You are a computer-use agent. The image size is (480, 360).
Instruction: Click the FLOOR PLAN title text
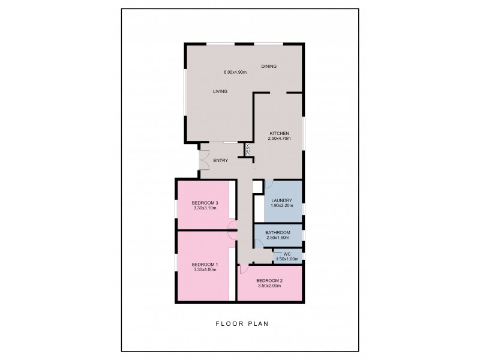pos(242,323)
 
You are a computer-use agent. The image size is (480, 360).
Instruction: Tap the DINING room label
pos(269,66)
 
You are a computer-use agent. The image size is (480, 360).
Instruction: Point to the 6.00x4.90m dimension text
pos(235,72)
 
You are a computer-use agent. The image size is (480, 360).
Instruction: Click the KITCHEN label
pos(279,133)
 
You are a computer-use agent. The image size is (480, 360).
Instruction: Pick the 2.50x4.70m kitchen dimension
pos(279,139)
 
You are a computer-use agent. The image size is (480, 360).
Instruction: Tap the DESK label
pos(248,150)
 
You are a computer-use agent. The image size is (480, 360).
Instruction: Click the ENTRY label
pos(221,160)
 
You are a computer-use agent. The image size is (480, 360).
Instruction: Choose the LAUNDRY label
pos(281,200)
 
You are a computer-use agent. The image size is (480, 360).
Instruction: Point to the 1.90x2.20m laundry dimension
pos(281,206)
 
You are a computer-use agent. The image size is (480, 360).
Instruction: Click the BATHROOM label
pos(278,233)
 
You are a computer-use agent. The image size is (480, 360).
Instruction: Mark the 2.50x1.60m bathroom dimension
pos(278,238)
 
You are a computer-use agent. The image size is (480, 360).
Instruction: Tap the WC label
pos(287,254)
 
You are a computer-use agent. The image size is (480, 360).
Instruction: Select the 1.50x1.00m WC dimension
pos(287,259)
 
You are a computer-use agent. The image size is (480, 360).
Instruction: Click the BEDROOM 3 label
pos(205,203)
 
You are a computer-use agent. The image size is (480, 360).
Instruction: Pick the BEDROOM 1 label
pos(205,265)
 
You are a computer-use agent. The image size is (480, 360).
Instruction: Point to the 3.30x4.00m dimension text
pos(205,270)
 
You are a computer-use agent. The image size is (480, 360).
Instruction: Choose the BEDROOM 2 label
pos(269,281)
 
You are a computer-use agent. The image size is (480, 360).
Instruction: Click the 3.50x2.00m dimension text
pos(269,286)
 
